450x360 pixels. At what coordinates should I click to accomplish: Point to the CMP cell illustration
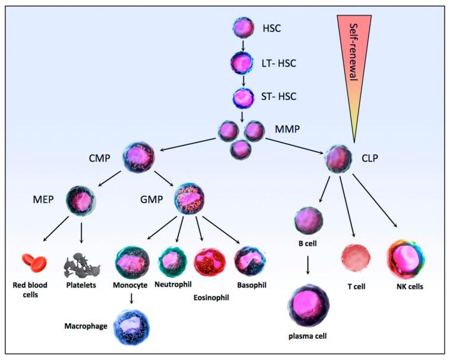[139, 157]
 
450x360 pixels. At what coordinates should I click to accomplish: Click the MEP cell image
[81, 201]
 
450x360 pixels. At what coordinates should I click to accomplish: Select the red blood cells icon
[34, 261]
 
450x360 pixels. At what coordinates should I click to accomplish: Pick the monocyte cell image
[133, 262]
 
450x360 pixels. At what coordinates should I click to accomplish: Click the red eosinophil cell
[210, 262]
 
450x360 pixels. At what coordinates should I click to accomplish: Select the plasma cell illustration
[308, 306]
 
